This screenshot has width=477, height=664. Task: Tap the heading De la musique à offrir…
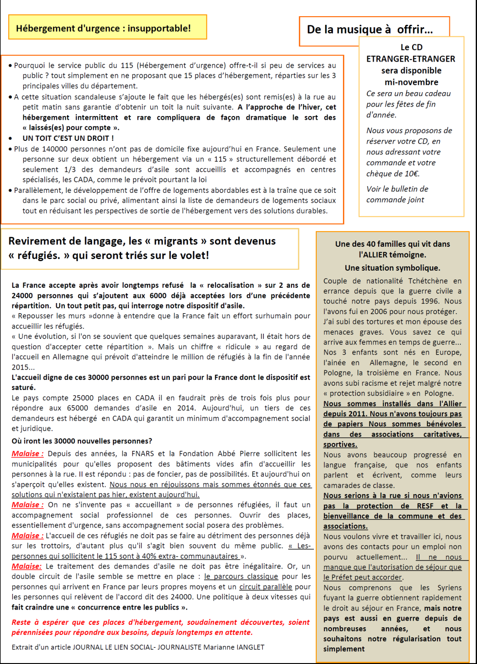coord(370,30)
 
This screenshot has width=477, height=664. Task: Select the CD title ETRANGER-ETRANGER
coord(411,59)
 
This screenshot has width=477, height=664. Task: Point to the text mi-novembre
coord(411,82)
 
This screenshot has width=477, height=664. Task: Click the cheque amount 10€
coord(411,173)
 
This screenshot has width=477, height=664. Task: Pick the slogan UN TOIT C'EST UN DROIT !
coord(68,138)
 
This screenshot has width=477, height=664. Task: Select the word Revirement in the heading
coord(38,241)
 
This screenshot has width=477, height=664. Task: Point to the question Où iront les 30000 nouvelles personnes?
coord(82,441)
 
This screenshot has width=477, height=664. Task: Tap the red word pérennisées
coord(33,632)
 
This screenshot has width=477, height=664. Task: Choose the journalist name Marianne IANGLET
coord(234,647)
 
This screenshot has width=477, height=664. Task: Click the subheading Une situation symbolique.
coord(392,268)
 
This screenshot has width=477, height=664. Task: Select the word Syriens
coord(449,588)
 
